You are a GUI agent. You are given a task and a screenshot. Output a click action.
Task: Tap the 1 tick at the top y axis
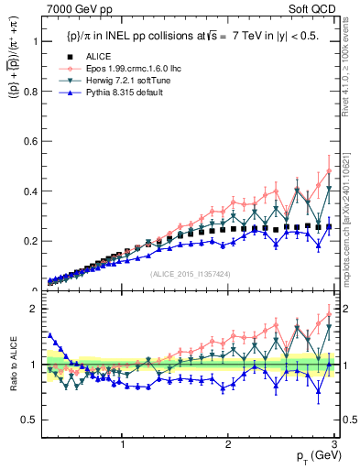[33, 42]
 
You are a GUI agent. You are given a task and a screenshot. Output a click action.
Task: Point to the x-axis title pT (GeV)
[311, 455]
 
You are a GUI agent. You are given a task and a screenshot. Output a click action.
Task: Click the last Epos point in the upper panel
[329, 170]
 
